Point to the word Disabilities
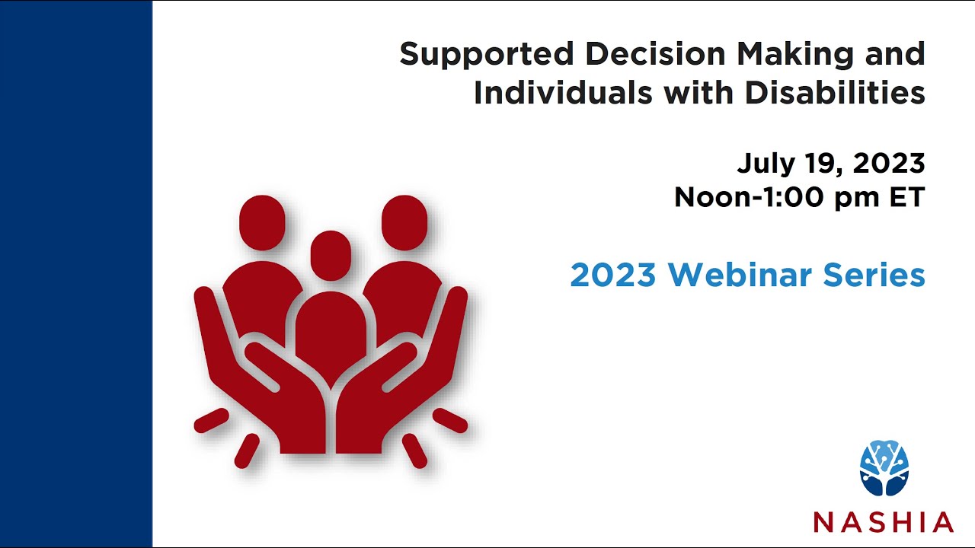coord(835,94)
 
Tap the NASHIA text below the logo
coord(884,521)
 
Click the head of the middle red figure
coord(331,254)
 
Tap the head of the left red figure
coord(262,222)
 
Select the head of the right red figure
coord(404,222)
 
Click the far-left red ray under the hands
coord(211,420)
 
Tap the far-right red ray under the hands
coord(450,420)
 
